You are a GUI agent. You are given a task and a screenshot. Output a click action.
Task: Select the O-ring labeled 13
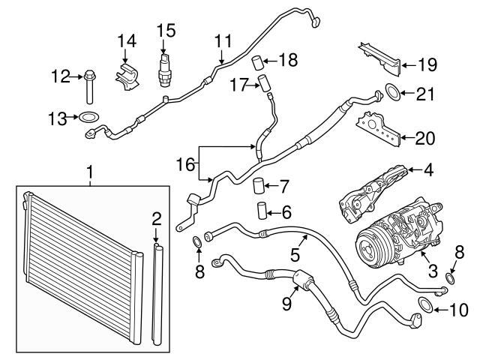click(x=88, y=117)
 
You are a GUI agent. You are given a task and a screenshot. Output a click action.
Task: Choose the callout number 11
click(x=223, y=40)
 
